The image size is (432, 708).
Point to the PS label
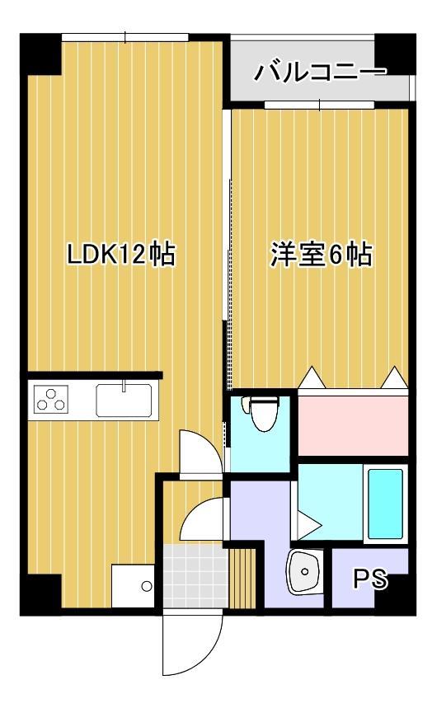click(369, 579)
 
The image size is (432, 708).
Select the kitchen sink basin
click(124, 401)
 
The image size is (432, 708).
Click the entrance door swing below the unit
click(191, 643)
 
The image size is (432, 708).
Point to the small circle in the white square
click(146, 587)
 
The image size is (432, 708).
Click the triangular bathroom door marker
click(307, 523)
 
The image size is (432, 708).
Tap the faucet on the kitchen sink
click(124, 386)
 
